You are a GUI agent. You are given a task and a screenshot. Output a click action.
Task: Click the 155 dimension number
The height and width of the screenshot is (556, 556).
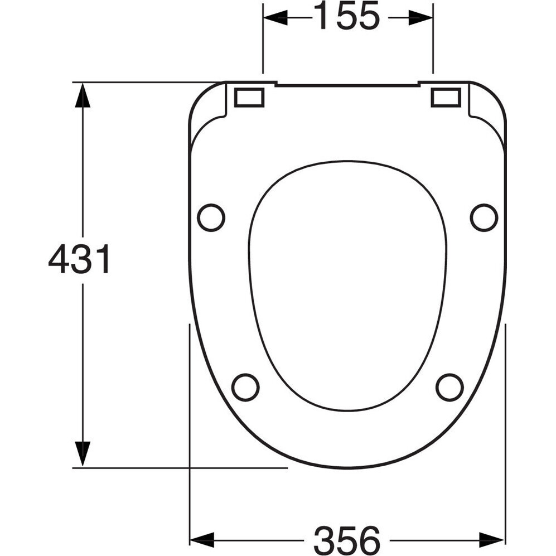click(x=347, y=16)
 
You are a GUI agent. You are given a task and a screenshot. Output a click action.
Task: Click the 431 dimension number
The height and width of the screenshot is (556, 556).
click(x=79, y=259)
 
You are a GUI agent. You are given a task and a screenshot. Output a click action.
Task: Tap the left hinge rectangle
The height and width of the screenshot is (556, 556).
click(x=249, y=98)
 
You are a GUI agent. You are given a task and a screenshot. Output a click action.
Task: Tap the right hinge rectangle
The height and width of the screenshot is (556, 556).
click(x=446, y=98)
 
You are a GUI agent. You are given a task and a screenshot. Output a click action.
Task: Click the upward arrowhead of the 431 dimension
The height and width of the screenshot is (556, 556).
click(x=83, y=95)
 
